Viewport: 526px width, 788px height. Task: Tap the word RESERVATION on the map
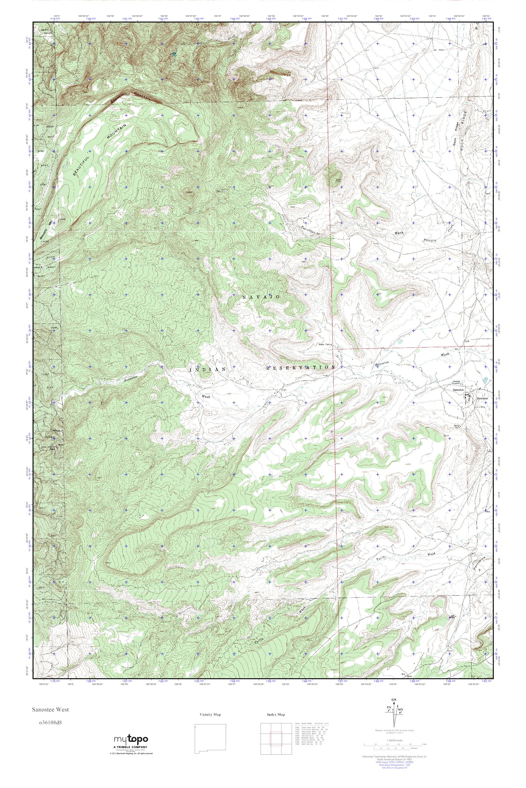pos(300,367)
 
